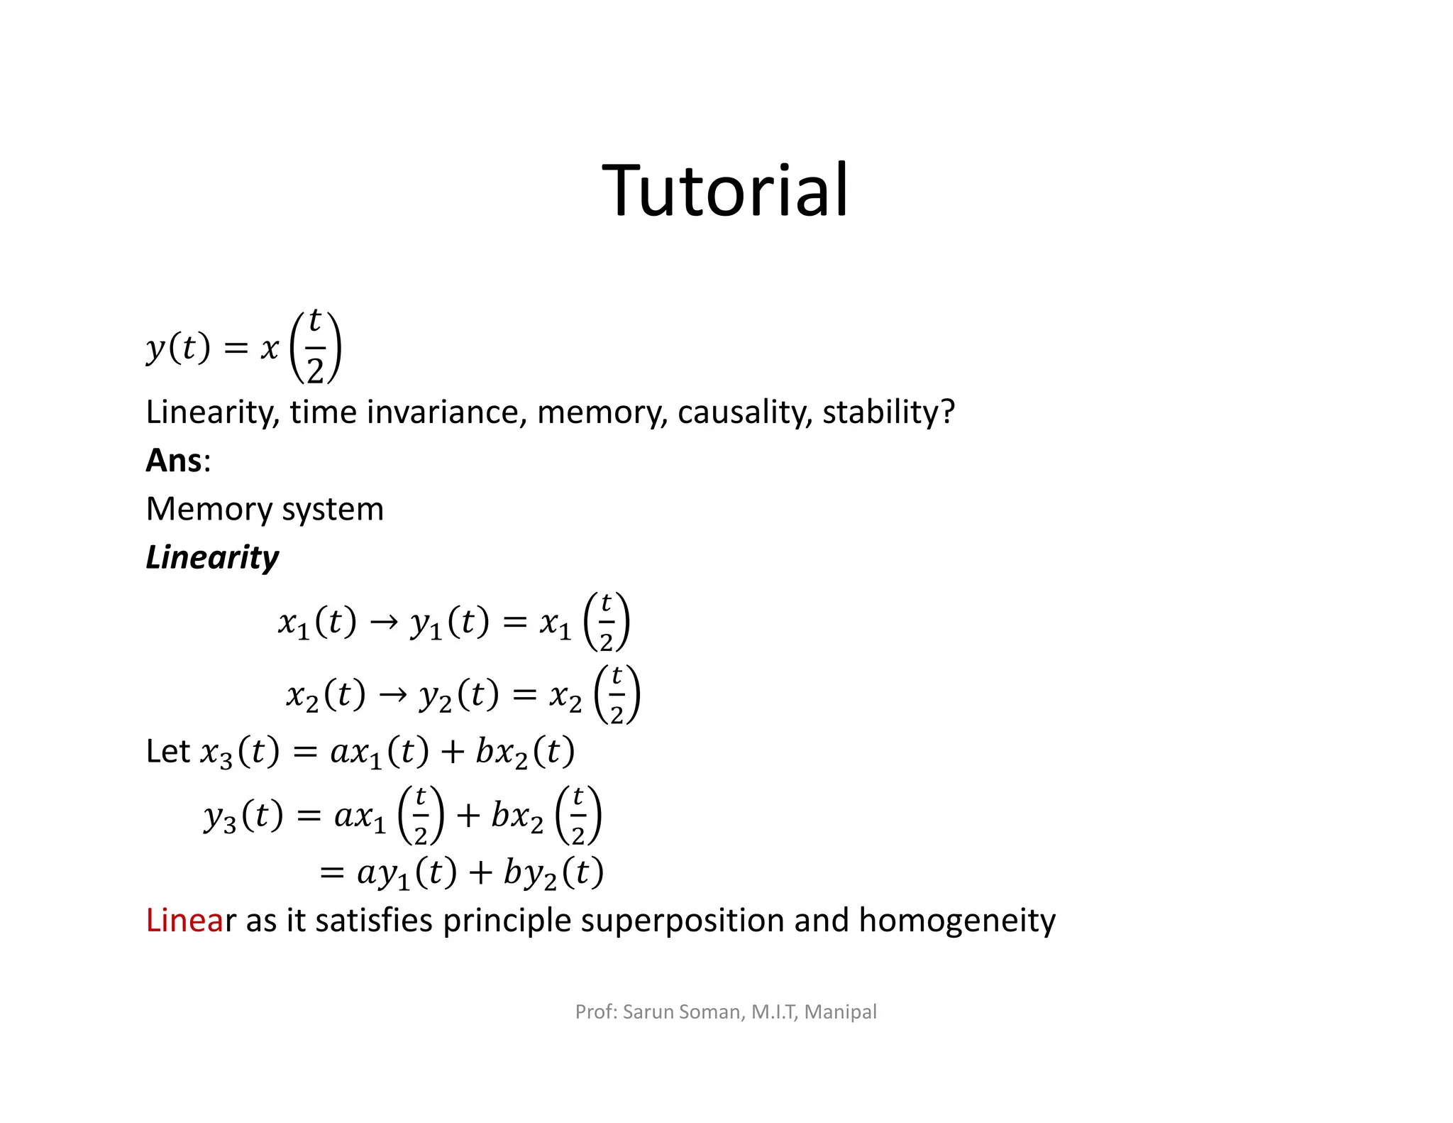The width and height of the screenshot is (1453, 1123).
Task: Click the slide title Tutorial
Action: tap(725, 190)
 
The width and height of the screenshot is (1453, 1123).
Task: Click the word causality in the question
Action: tap(744, 412)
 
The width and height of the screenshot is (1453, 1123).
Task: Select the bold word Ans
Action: tap(174, 460)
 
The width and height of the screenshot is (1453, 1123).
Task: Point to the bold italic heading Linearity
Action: tap(212, 557)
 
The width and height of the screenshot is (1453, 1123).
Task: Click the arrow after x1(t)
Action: tap(384, 623)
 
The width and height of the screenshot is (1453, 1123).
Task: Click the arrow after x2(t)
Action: tap(393, 695)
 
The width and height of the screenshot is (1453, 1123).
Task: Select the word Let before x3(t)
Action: tap(167, 751)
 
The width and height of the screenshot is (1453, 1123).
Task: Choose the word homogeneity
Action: tap(956, 921)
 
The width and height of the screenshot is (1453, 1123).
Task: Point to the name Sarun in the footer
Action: tap(648, 1012)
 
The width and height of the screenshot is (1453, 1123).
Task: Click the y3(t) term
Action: tap(243, 816)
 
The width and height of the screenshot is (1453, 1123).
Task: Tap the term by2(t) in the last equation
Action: tap(553, 873)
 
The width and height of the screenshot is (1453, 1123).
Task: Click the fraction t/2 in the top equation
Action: tap(316, 347)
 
